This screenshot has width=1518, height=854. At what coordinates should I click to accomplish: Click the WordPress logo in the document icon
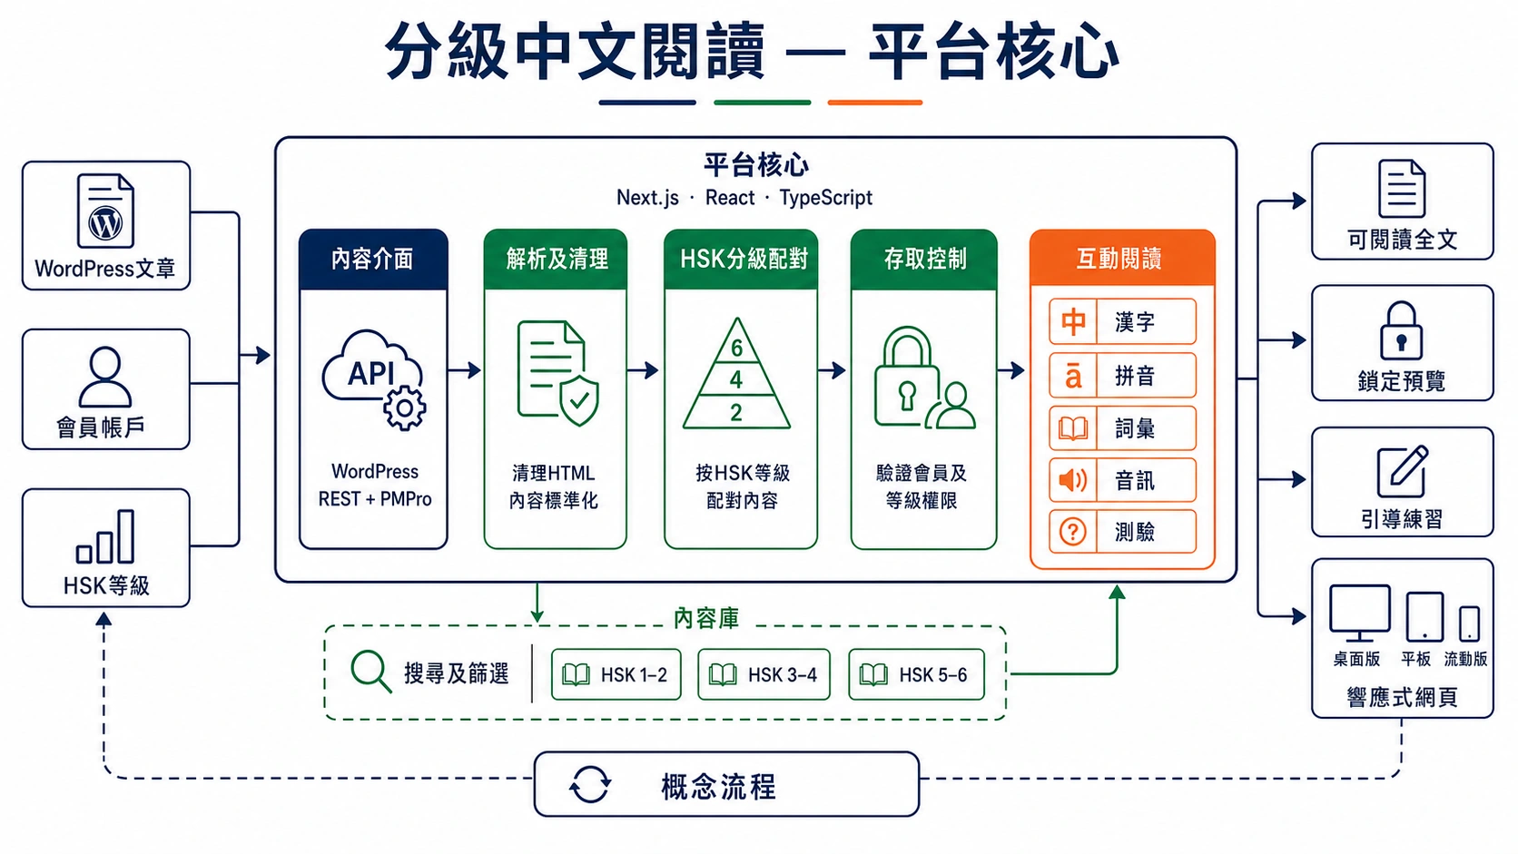tap(105, 222)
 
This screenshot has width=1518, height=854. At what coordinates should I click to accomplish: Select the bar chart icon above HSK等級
tap(105, 536)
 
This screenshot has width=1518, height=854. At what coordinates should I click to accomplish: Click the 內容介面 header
tap(373, 259)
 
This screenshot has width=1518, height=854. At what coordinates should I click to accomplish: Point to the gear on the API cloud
tap(405, 408)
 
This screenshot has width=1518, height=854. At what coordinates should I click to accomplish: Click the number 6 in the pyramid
tap(736, 348)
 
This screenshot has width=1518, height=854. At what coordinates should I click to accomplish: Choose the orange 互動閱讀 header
tap(1121, 258)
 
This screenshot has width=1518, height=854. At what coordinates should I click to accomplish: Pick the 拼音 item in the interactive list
tap(1122, 375)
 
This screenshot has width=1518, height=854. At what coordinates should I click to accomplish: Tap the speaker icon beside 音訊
tap(1073, 480)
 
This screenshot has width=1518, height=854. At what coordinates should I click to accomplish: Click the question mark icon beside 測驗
tap(1073, 532)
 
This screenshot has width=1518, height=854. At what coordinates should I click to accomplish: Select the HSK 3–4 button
tap(764, 674)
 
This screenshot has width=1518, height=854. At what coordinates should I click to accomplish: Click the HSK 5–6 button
tap(916, 674)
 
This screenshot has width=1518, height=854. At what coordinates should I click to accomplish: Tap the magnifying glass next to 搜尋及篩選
tap(370, 672)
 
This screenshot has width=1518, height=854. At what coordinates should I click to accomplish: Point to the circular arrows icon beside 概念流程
tap(589, 784)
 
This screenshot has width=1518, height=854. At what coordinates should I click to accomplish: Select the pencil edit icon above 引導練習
tap(1403, 471)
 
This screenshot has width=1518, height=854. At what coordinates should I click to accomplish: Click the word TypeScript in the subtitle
tap(825, 198)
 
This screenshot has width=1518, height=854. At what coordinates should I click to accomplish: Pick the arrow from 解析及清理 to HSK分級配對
tap(643, 369)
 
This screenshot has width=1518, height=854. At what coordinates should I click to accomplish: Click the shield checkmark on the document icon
tap(578, 401)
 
